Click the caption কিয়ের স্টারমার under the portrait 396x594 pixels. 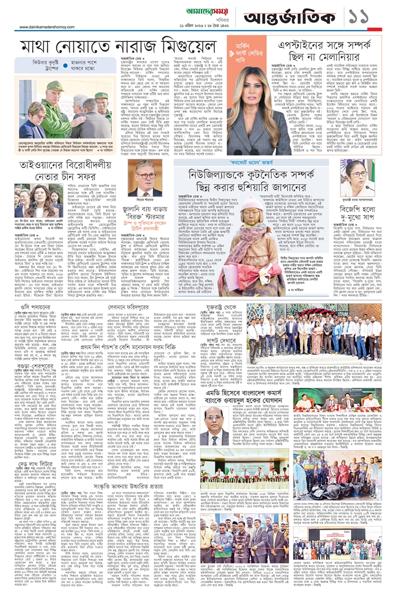(144, 199)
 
